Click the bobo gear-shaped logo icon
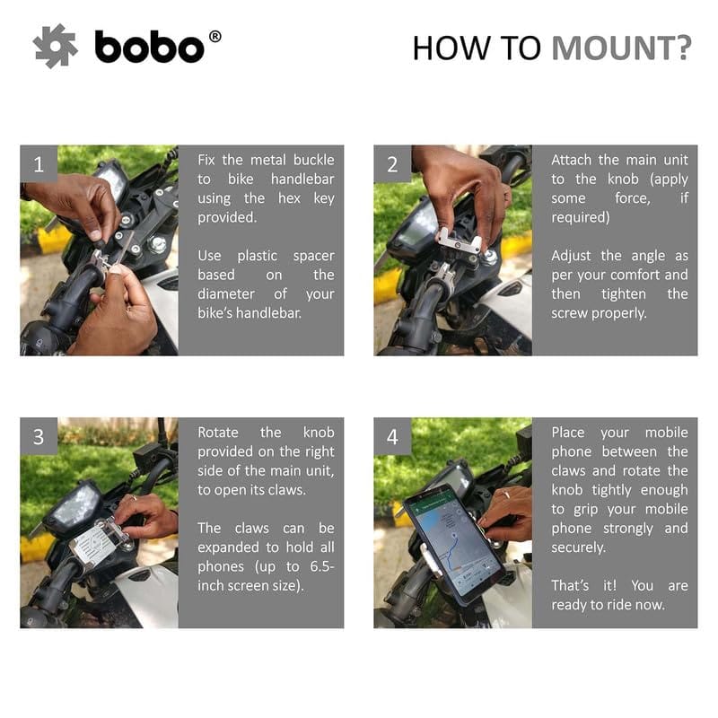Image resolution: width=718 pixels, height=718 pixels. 55,47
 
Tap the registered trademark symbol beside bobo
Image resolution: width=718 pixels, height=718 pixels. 215,37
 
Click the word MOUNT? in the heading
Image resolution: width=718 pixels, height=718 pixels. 621,48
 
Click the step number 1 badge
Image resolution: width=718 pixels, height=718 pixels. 39,164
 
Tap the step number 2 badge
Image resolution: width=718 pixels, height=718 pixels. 392,164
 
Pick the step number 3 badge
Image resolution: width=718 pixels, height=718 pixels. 39,436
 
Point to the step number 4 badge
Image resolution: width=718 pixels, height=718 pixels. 392,436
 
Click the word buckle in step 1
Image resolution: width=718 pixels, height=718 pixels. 313,160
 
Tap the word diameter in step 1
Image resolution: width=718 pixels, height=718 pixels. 226,293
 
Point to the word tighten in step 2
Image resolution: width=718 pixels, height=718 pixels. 623,294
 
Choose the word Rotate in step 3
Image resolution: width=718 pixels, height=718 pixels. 218,433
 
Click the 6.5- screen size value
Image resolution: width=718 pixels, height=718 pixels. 322,566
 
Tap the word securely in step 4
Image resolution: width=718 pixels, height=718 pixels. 578,547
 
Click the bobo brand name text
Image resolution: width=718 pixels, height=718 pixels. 149,47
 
